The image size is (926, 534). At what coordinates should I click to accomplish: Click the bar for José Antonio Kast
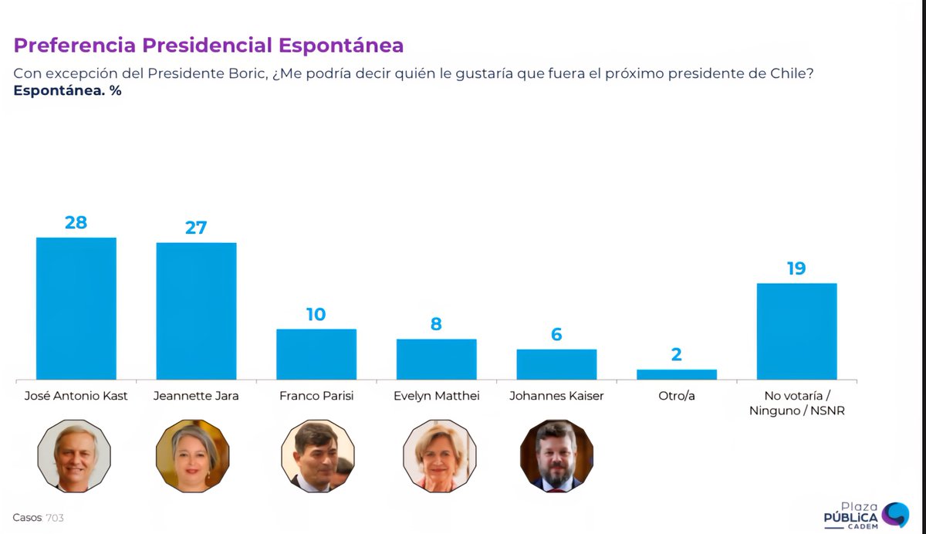[x=76, y=308]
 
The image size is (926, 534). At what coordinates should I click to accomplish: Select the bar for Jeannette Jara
[x=196, y=310]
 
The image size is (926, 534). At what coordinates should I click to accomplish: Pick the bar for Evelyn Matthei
[x=436, y=359]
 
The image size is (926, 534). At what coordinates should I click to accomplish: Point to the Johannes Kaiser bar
[x=556, y=363]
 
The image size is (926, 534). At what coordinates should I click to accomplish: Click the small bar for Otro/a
[x=677, y=374]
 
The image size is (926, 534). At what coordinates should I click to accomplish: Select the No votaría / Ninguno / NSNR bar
[x=796, y=331]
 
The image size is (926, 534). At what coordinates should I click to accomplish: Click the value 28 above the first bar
[x=76, y=222]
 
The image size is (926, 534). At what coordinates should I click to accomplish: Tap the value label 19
[x=796, y=269]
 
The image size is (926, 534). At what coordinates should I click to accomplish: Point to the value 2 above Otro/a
[x=677, y=355]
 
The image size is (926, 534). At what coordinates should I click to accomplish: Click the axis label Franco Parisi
[x=316, y=397]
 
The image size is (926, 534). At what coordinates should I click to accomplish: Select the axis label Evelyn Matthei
[x=436, y=397]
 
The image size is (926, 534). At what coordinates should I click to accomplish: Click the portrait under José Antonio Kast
[x=74, y=456]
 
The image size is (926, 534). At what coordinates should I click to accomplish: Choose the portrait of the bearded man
[x=556, y=456]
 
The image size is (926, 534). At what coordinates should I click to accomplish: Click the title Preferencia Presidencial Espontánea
[x=208, y=46]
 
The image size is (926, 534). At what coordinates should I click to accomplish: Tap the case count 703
[x=55, y=518]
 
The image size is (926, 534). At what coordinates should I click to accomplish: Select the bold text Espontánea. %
[x=67, y=90]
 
